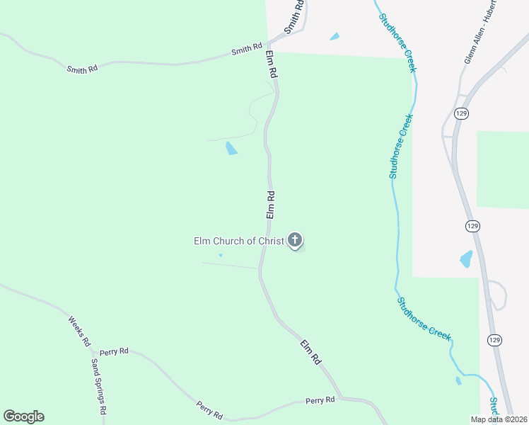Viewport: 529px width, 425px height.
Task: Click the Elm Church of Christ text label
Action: (239, 241)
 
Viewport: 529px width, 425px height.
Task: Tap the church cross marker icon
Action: (295, 240)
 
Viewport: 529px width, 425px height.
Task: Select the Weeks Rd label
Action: (79, 331)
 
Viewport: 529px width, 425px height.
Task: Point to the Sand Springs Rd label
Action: (98, 386)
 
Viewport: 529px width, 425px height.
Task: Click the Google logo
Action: (23, 416)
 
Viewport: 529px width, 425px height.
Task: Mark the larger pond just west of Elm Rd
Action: (231, 148)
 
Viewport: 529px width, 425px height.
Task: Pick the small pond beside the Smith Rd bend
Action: (334, 36)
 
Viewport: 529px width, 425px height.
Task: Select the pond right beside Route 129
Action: (466, 259)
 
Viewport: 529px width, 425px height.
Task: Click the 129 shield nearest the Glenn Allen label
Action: (461, 113)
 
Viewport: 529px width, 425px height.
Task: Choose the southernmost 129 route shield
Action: (494, 340)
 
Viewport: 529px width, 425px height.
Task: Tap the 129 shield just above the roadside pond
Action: (473, 225)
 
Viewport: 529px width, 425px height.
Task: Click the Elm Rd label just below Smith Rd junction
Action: (272, 64)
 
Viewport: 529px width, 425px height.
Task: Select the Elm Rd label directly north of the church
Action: (270, 204)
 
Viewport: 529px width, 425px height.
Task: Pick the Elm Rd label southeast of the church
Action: (310, 352)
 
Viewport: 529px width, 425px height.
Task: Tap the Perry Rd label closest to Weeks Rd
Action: (114, 351)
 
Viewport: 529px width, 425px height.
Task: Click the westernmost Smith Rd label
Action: (82, 69)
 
